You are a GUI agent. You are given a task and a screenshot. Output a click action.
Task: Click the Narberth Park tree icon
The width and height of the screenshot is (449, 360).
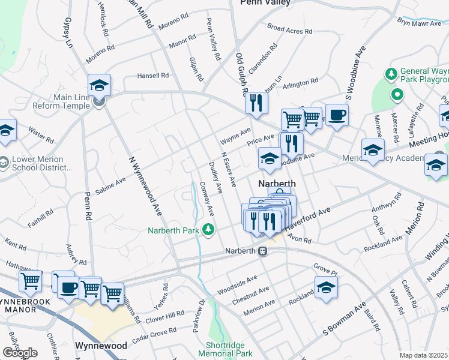click(208, 229)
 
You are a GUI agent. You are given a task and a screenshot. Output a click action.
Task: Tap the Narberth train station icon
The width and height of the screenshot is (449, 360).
click(262, 252)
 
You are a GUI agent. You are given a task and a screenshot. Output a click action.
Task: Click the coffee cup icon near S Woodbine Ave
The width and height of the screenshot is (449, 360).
click(337, 115)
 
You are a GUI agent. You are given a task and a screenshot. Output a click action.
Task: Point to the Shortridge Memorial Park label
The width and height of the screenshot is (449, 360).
click(229, 349)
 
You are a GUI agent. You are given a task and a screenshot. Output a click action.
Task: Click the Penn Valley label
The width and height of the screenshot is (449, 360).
click(265, 3)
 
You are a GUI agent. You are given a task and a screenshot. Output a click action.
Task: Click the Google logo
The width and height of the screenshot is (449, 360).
click(20, 353)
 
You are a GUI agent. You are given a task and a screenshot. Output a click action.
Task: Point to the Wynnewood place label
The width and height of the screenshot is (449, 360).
click(101, 346)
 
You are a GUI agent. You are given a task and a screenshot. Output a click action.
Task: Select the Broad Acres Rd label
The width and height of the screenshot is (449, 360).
click(290, 29)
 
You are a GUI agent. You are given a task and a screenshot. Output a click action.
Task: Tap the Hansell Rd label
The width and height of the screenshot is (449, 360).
click(152, 76)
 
